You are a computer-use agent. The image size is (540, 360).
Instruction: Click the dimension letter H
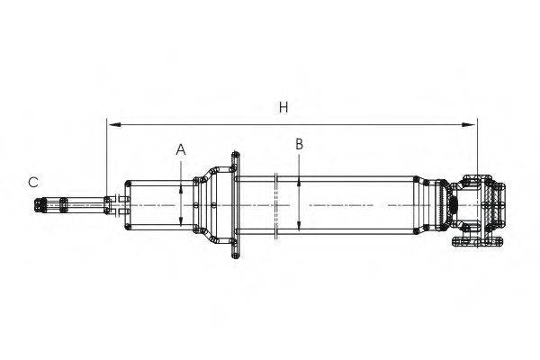click(283, 107)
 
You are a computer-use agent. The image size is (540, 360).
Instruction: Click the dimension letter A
click(181, 150)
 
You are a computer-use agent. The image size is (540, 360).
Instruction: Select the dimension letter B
click(300, 144)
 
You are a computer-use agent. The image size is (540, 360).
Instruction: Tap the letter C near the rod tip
click(33, 182)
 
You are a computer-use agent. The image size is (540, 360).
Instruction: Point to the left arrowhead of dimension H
click(114, 124)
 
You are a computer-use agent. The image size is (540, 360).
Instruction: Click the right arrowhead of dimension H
click(469, 124)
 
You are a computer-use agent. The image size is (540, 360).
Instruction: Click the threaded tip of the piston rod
click(40, 205)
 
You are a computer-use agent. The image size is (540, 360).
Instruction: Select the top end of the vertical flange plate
click(236, 154)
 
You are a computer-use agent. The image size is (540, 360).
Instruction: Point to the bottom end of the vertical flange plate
click(236, 256)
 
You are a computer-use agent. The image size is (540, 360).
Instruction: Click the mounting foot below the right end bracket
click(477, 241)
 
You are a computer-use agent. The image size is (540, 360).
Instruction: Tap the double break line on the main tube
click(276, 206)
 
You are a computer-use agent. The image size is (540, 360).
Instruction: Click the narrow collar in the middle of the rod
click(64, 204)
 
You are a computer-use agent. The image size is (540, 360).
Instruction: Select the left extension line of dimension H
click(107, 158)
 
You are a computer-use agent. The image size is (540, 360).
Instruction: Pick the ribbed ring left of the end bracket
click(440, 205)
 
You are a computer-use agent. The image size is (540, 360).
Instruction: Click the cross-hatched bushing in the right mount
click(488, 205)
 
